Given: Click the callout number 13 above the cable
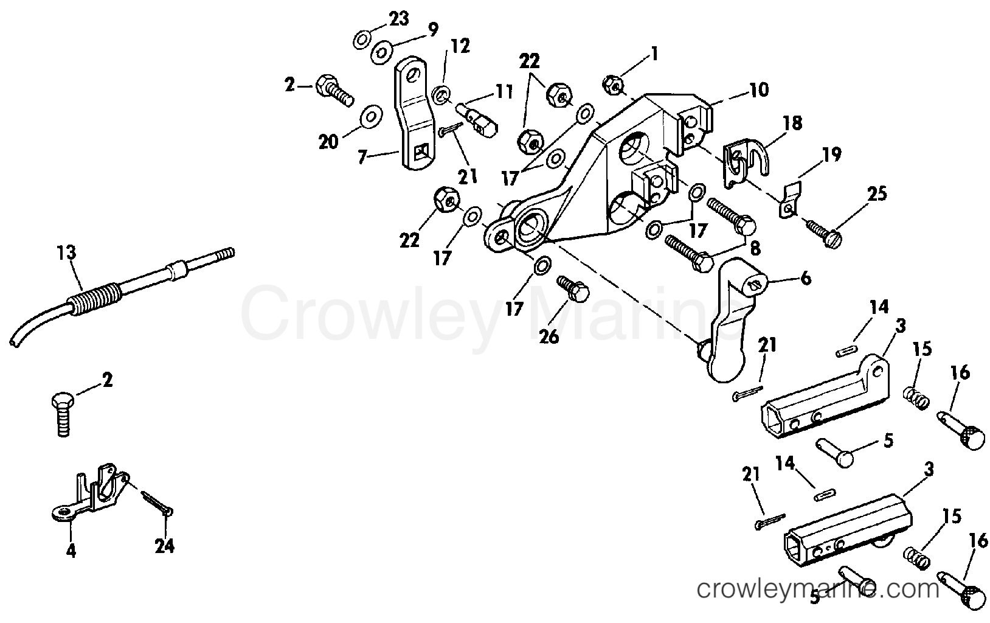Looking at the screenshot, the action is [x=66, y=253].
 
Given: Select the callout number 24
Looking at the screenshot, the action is [x=164, y=546].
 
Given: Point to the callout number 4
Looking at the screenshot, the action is [x=71, y=551].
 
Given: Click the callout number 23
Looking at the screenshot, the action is [x=399, y=19].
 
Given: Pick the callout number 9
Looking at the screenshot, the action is [x=433, y=30].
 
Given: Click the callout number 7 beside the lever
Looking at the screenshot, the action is [x=363, y=157].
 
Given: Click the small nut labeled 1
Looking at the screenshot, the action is [x=613, y=84].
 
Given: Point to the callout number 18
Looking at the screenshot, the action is [x=793, y=124].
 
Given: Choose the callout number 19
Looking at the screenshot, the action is [x=832, y=155].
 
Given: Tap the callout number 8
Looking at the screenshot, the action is [x=755, y=249].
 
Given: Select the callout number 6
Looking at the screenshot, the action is [x=806, y=279].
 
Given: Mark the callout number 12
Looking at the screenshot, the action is [x=460, y=46].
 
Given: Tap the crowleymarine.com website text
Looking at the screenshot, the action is [x=818, y=589].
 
